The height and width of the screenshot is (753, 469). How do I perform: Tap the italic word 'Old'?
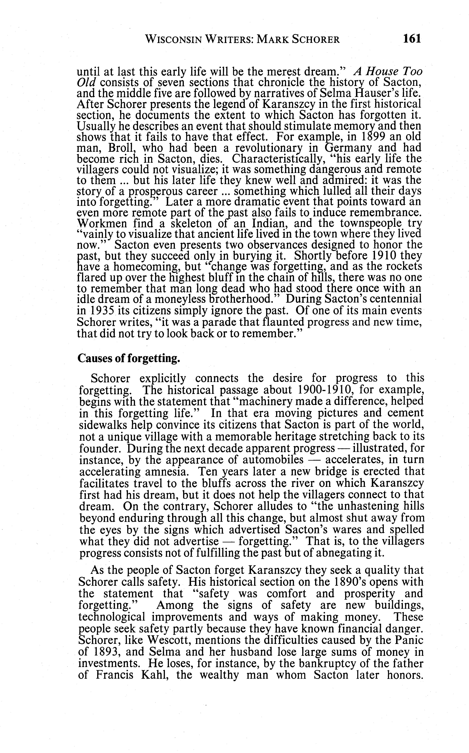[x=86, y=83]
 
